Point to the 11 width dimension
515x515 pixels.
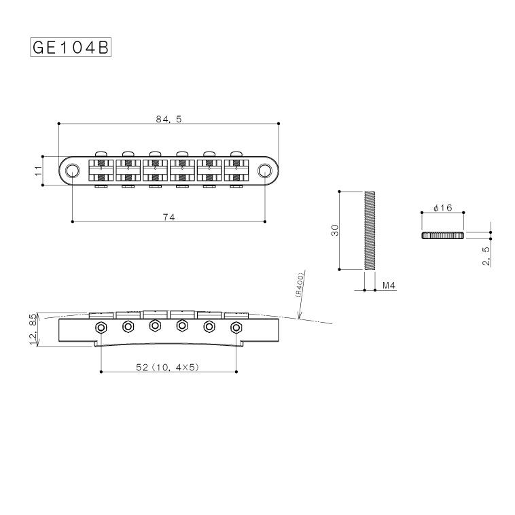[x=39, y=169]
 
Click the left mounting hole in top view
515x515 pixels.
[x=72, y=169]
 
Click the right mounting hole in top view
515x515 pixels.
[x=265, y=169]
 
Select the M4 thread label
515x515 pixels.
[x=389, y=285]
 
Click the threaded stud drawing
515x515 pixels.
[x=369, y=231]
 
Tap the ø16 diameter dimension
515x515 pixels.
[x=442, y=208]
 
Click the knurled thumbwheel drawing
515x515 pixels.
[x=442, y=235]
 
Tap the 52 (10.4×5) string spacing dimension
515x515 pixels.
[x=168, y=368]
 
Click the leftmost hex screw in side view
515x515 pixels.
[x=101, y=327]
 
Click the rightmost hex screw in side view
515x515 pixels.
[x=236, y=327]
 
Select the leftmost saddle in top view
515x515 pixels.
[x=101, y=169]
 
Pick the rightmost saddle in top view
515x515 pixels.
[x=236, y=169]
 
